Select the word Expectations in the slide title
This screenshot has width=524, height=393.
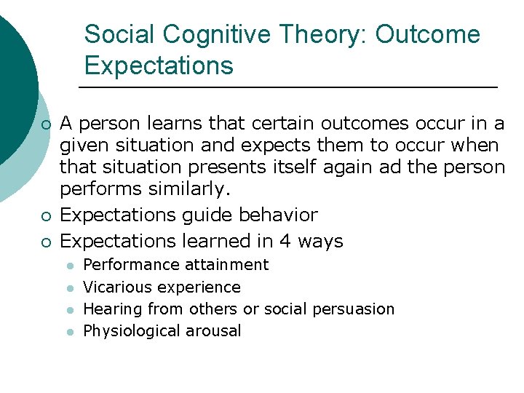(x=159, y=65)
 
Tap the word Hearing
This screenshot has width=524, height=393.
(x=111, y=309)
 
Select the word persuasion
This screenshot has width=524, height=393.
(x=353, y=309)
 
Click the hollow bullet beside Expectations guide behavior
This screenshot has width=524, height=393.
(x=46, y=215)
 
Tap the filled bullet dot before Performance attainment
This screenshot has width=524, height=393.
(x=72, y=266)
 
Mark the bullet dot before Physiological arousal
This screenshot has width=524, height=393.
(x=72, y=332)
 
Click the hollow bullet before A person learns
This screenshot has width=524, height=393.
(x=46, y=124)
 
